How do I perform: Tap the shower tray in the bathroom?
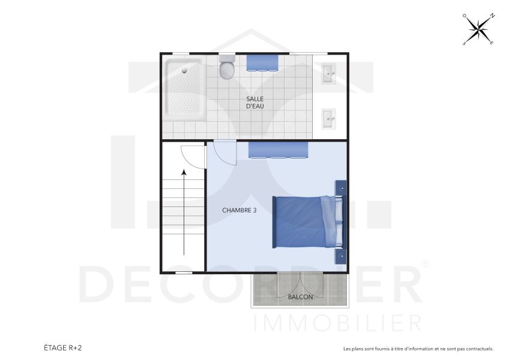click(x=185, y=88)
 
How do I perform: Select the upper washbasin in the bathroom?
click(x=328, y=74)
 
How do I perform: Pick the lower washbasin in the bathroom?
click(x=328, y=118)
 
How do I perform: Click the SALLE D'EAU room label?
click(x=255, y=103)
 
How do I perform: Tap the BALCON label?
click(x=300, y=297)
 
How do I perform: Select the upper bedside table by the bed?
click(x=340, y=188)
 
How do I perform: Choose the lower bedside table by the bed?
click(x=340, y=256)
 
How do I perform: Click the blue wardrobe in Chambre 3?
click(x=278, y=150)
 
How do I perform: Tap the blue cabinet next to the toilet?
click(x=263, y=62)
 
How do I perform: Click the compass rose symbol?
click(x=478, y=29)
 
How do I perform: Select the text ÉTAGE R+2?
click(x=62, y=347)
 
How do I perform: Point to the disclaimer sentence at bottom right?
click(x=418, y=349)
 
